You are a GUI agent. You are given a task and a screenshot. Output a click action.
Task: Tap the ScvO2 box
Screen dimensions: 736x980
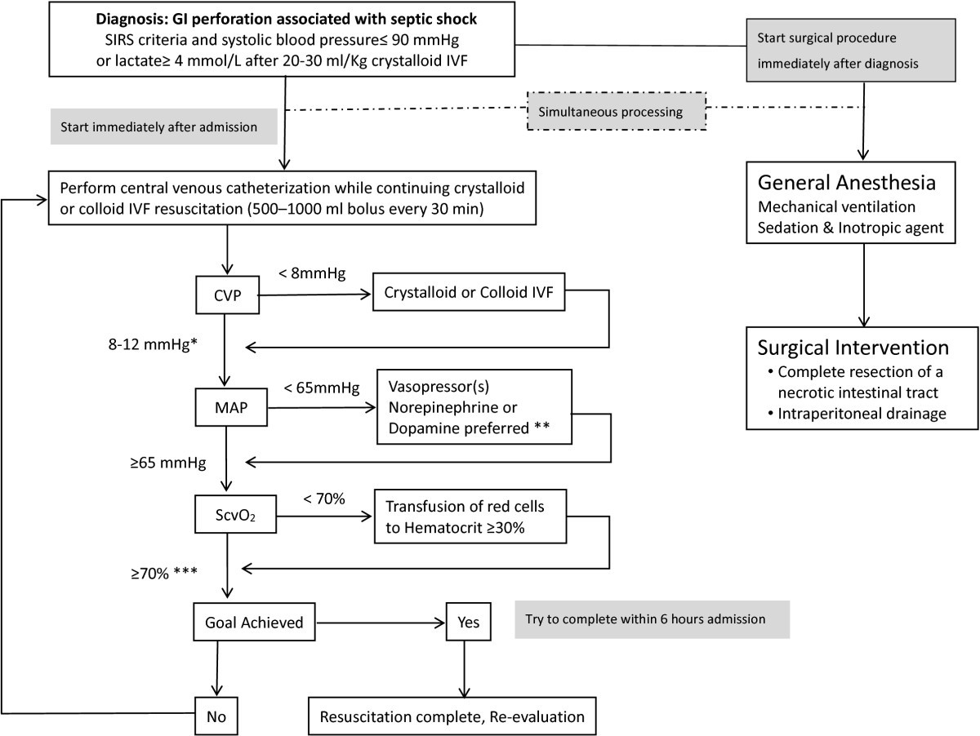234,516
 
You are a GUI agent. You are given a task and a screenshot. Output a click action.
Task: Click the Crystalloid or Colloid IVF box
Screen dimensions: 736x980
469,298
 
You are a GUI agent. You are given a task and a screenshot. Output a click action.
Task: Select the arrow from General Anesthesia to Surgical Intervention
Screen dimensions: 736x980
862,286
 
